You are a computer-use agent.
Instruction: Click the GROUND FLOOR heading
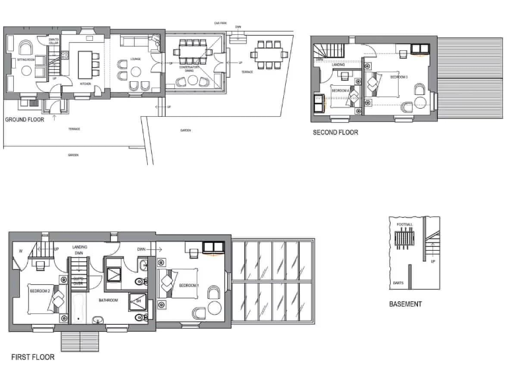tap(25, 120)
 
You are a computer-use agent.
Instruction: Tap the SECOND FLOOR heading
tap(335, 132)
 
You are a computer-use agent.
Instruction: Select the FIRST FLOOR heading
tap(32, 358)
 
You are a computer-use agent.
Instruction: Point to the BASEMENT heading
tap(405, 304)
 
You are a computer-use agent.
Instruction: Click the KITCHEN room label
tap(85, 84)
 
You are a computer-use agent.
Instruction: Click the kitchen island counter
tap(84, 63)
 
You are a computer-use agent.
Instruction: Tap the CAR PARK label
tap(220, 22)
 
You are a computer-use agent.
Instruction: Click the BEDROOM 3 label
tap(399, 77)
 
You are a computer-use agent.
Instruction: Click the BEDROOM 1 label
tap(188, 285)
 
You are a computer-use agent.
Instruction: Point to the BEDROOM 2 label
tap(40, 290)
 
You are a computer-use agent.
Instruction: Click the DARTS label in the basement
tap(397, 282)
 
